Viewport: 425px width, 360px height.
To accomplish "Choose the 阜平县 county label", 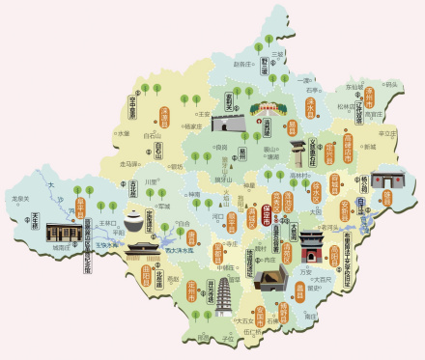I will tap(80, 208).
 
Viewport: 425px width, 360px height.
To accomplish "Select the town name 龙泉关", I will tap(18, 199).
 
